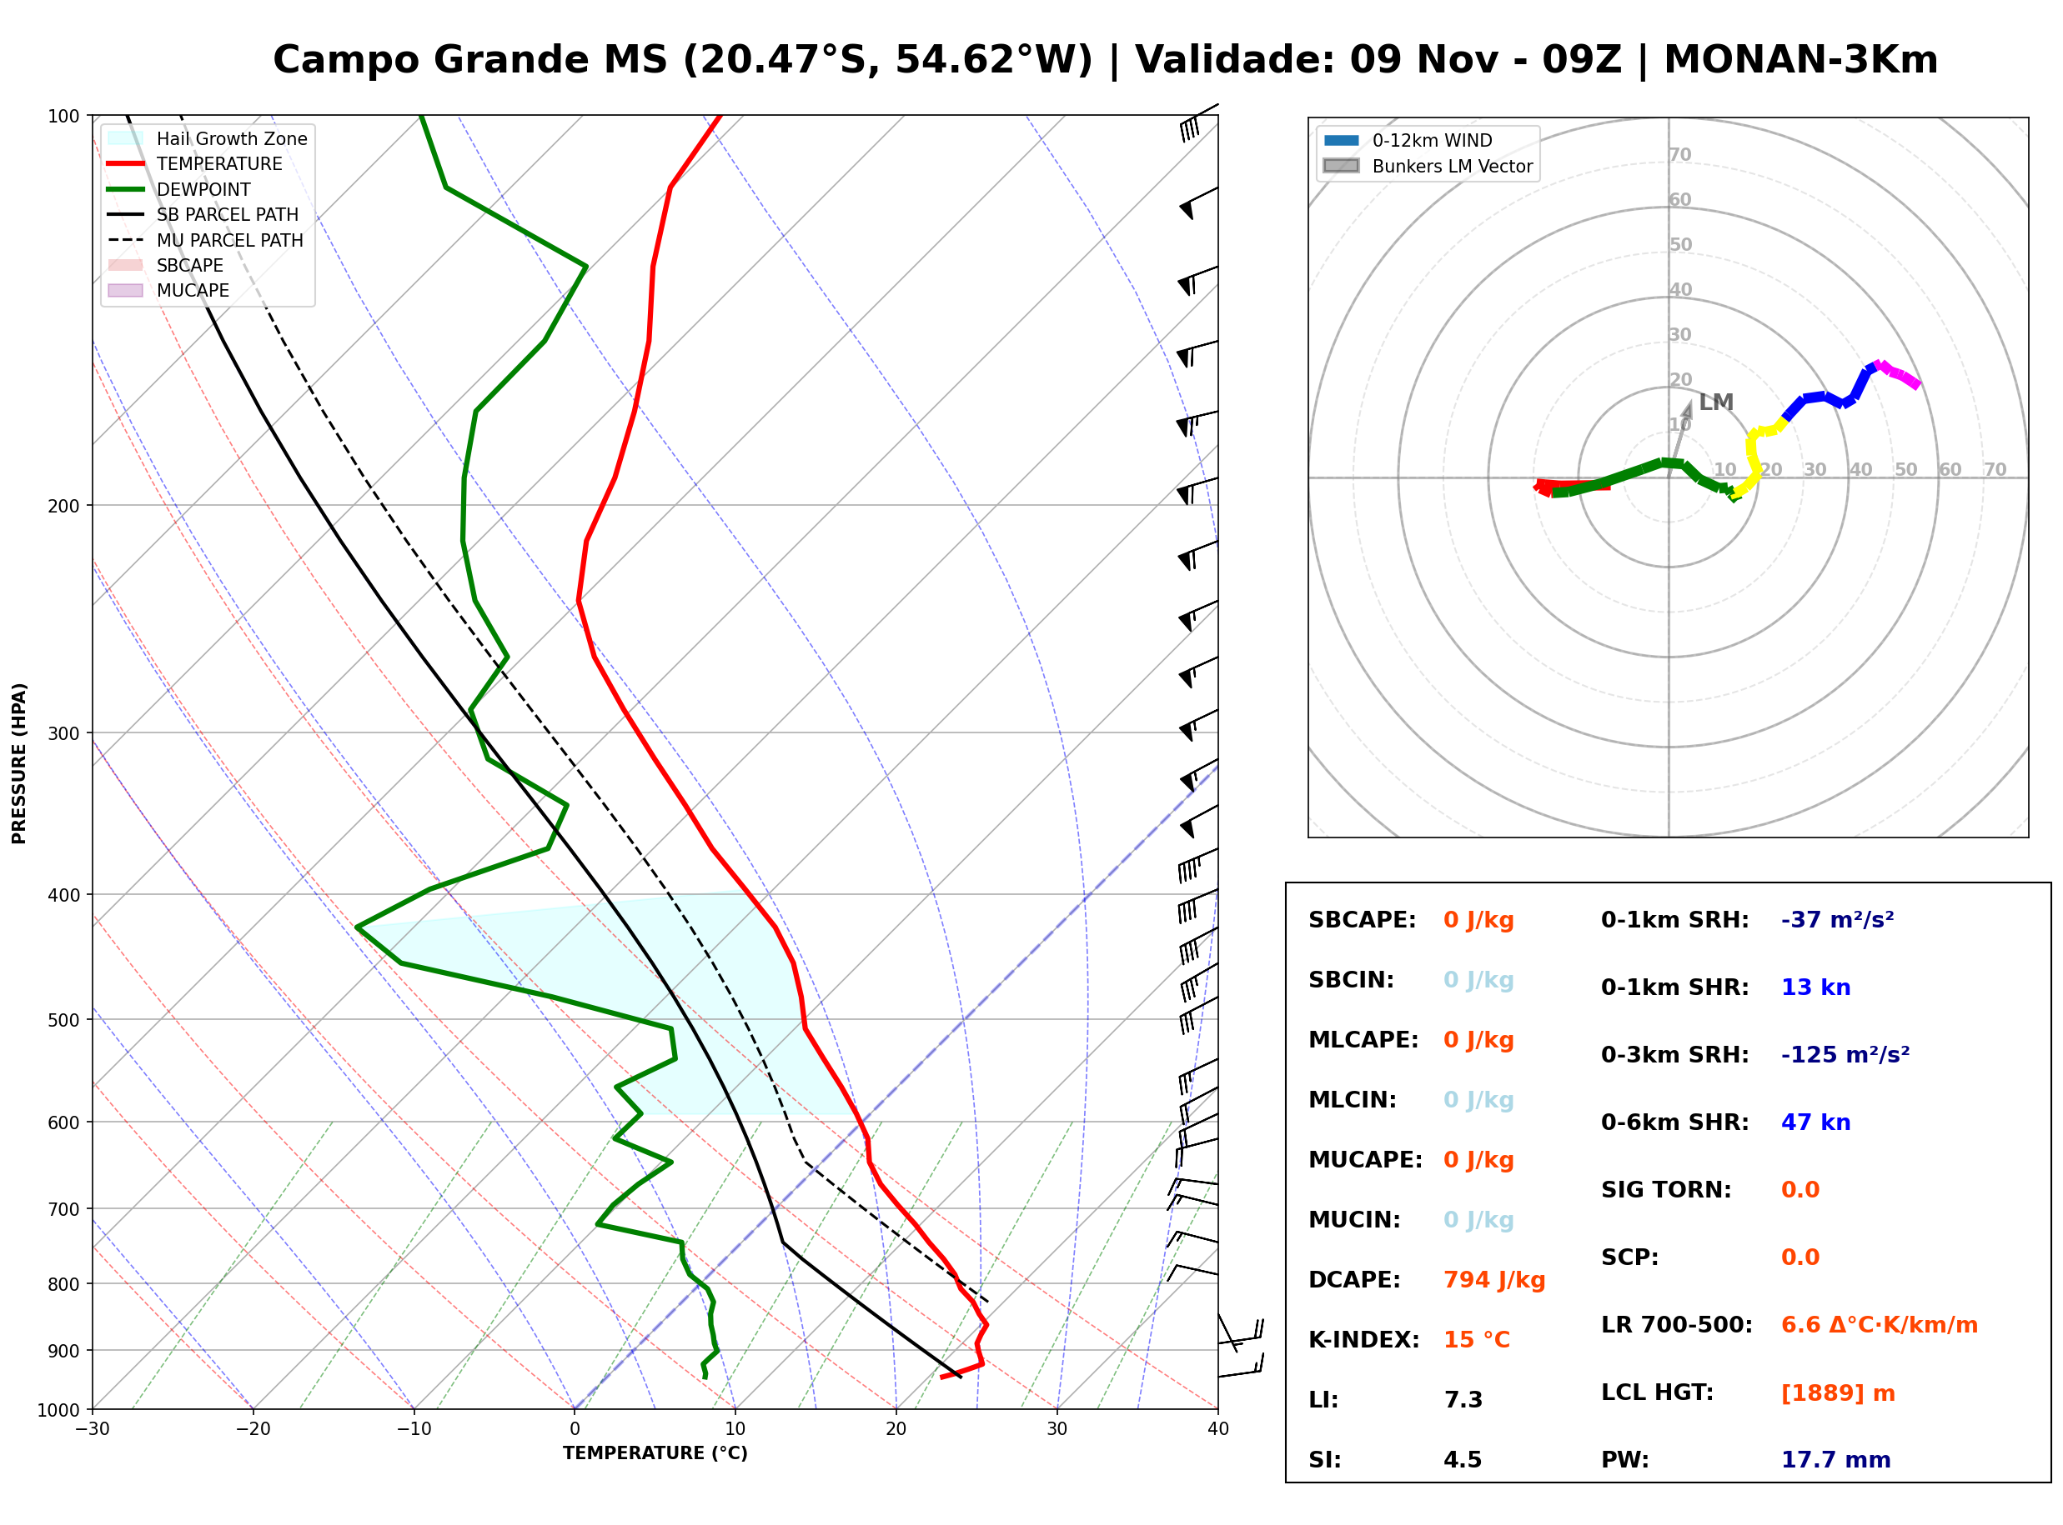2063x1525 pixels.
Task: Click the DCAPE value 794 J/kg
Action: [1494, 1280]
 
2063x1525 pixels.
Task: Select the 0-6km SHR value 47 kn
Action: [1815, 1122]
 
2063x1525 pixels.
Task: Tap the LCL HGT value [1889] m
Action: [1838, 1393]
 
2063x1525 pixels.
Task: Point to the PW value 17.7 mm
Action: [1836, 1460]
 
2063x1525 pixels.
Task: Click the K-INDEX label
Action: [1364, 1340]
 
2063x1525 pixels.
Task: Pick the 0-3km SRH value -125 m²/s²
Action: [1845, 1054]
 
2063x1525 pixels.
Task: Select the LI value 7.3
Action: [1463, 1400]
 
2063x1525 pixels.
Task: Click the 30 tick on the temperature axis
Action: [1057, 1429]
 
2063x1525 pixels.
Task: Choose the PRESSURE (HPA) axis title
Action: [19, 763]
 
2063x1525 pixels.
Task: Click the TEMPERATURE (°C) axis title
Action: [655, 1454]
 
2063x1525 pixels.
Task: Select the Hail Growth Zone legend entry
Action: [208, 138]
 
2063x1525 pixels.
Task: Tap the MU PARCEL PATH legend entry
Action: [206, 240]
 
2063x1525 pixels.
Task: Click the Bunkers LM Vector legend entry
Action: [1428, 166]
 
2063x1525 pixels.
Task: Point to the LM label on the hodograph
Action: [1716, 402]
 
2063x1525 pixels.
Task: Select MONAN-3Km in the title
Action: [1800, 60]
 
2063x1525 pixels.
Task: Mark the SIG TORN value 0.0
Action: [1799, 1190]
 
